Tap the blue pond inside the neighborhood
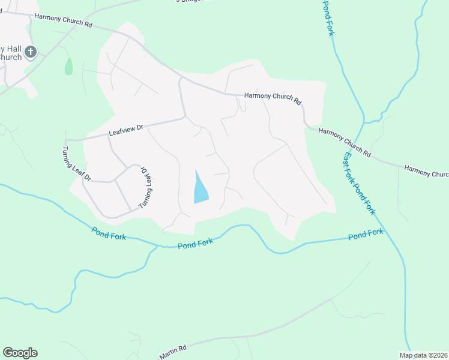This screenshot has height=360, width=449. point(200,190)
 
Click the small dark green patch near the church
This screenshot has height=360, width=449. point(68,66)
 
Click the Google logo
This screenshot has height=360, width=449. point(20,353)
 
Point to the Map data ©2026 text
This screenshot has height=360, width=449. point(423,355)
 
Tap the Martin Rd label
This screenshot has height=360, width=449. point(173,352)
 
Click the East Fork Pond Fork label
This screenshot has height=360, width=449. point(359,184)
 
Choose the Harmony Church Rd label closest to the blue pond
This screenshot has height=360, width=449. point(272,99)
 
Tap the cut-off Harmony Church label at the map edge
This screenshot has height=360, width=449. point(426,172)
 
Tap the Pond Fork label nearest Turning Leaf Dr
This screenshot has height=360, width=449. point(109,233)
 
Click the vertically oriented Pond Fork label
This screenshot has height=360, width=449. point(327,18)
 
